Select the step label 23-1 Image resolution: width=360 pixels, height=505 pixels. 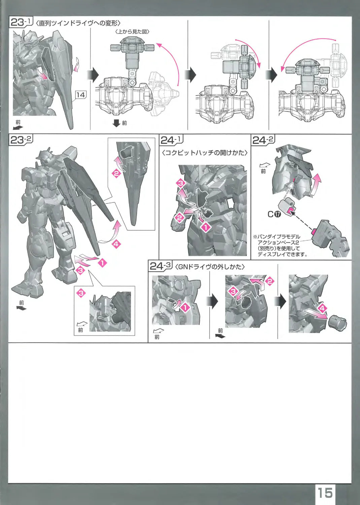[x=21, y=23]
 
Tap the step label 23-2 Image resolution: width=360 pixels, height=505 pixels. [x=21, y=140]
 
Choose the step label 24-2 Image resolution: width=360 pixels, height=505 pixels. [x=263, y=140]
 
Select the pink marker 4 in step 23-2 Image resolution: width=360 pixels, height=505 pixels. [x=117, y=244]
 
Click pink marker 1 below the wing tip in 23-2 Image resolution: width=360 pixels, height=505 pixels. [x=102, y=263]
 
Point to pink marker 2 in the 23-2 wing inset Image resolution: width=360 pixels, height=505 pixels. [x=117, y=174]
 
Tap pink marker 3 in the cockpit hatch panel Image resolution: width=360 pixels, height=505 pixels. [x=181, y=183]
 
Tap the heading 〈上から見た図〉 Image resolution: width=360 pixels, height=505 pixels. [x=132, y=32]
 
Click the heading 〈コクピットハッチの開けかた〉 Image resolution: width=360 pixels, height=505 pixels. [x=205, y=153]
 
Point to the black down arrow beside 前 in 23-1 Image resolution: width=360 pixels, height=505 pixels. [x=117, y=123]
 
